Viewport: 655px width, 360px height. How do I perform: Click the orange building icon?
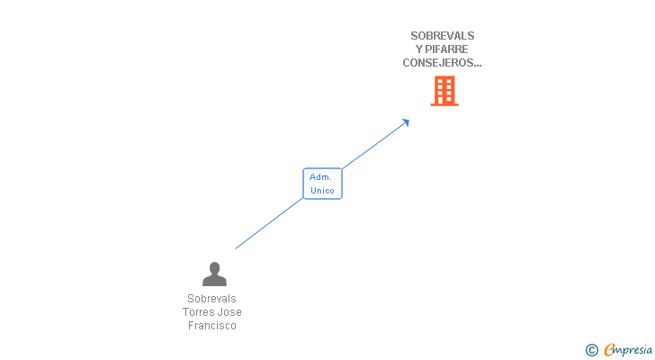click(444, 90)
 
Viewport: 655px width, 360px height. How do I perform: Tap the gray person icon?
click(214, 274)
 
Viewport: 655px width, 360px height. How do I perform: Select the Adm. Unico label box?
click(322, 184)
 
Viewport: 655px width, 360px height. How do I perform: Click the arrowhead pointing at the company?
click(407, 121)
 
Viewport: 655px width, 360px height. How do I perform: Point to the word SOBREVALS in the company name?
click(442, 36)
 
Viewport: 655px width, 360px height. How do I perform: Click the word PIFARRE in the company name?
click(448, 49)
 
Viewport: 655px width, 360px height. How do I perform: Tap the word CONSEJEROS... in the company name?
click(442, 63)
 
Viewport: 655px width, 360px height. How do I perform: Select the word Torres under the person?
click(199, 312)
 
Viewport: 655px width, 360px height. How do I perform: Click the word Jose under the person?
click(229, 312)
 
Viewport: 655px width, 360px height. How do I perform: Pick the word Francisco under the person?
click(212, 326)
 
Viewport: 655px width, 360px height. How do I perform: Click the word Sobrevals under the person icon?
click(212, 299)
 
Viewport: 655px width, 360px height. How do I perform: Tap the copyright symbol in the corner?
click(591, 350)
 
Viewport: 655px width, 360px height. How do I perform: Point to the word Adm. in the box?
click(321, 177)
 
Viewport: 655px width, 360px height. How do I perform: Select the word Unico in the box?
click(322, 191)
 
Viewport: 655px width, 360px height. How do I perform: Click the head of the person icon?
click(214, 267)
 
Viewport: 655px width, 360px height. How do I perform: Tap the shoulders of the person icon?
click(214, 280)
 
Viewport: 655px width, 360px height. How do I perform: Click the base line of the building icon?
click(444, 104)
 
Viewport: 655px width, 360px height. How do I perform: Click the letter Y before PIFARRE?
click(419, 49)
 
